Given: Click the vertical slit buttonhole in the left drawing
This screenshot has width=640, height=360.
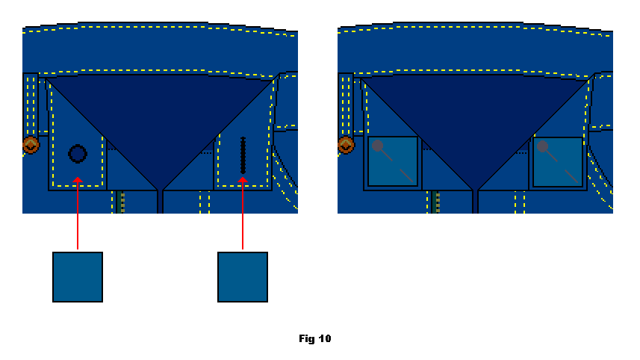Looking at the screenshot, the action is pos(243,155).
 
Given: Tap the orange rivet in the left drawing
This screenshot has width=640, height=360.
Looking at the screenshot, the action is pos(31,145).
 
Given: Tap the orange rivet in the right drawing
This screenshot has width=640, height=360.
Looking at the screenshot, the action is pos(346,145).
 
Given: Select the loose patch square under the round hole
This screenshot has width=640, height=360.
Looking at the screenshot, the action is pos(78,277).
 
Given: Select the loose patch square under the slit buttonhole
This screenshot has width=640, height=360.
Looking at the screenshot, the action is pos(243,277).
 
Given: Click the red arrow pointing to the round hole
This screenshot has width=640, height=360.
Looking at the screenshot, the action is pos(78,213).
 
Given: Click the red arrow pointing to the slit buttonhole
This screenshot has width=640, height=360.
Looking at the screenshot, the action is pos(243,213).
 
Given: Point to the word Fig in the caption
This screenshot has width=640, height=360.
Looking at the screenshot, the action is pos(307,339).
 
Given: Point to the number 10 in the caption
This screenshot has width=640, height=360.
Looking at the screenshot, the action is pos(325,338).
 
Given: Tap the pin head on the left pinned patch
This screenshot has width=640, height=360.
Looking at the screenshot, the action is pos(378,146).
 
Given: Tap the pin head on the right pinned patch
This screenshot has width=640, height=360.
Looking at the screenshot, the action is pos(542,146).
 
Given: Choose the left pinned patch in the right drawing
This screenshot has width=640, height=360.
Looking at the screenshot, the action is pos(393,161).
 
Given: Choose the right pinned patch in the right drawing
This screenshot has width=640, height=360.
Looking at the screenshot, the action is pos(558,162).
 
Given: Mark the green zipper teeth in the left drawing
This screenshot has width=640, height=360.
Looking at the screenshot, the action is pos(120,202).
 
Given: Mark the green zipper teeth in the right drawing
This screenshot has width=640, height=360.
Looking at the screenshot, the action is pos(435,202).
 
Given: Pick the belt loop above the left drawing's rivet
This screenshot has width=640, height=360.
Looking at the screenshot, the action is pos(30,105).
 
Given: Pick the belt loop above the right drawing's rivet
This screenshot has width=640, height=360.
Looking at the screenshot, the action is pos(345,105).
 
